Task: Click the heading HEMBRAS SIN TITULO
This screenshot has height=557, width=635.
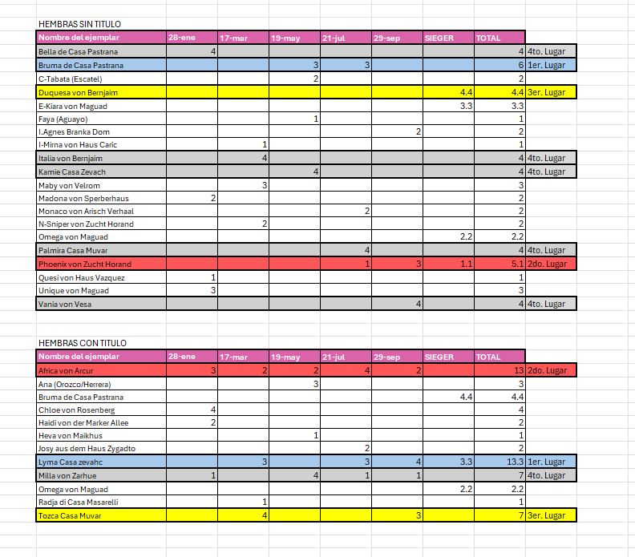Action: click(x=79, y=24)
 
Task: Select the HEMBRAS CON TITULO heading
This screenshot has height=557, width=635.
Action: click(x=82, y=343)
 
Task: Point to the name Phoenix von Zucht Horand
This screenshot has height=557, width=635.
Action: click(x=84, y=264)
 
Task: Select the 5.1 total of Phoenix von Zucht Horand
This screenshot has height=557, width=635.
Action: click(x=513, y=264)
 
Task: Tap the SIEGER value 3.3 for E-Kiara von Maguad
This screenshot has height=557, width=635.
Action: click(x=466, y=106)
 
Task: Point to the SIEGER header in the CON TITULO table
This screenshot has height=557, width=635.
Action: click(x=439, y=357)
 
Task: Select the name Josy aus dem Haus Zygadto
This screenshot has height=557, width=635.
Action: click(x=87, y=449)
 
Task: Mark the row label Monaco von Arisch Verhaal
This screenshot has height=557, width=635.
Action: click(x=86, y=211)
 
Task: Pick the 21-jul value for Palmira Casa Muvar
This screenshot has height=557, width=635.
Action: click(x=366, y=250)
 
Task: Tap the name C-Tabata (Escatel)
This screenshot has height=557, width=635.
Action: click(x=70, y=79)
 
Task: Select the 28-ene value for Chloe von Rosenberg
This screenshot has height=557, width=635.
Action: click(x=212, y=410)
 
